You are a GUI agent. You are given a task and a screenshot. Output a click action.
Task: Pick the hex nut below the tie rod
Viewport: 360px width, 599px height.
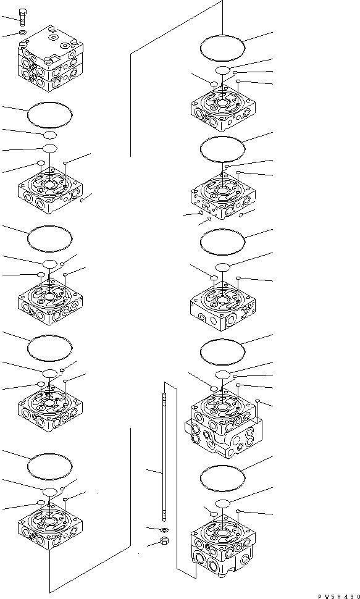(x=165, y=542)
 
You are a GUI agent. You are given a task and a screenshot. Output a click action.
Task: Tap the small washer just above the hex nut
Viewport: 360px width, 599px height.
(x=164, y=530)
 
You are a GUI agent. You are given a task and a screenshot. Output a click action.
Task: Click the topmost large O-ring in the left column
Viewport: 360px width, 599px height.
(x=51, y=115)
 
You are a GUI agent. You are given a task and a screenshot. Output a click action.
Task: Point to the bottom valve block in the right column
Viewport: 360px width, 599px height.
(x=222, y=548)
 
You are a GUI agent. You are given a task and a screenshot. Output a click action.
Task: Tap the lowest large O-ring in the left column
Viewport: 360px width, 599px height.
(x=51, y=463)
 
